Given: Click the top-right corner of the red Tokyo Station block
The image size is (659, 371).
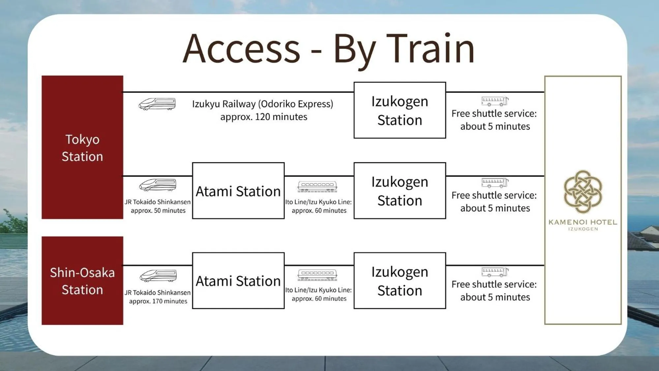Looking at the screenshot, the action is tap(123, 76).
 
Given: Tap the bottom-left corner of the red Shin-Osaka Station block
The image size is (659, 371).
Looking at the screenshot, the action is tap(42, 325).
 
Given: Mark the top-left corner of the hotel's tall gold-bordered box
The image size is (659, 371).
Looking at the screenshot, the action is tap(545, 76).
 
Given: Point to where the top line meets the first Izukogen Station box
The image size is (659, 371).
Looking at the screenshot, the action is tap(354, 92).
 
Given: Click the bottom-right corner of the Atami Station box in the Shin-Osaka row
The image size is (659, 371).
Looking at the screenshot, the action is tap(284, 309).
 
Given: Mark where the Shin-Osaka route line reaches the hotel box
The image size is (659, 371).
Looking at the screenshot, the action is tap(545, 265).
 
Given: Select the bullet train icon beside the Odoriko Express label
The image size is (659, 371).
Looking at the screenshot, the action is tap(157, 104).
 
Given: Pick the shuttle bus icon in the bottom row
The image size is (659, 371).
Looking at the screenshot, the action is tap(495, 272).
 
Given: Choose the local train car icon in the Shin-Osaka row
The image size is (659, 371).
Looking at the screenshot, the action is tap(317, 275).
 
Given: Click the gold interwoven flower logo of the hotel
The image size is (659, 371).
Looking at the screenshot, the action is tap(583, 192).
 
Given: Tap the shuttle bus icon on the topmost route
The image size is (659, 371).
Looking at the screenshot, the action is tap(495, 101).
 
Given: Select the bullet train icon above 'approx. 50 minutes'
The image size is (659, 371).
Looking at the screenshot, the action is tap(158, 185).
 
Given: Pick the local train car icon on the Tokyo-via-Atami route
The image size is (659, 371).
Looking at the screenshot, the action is tap(317, 187).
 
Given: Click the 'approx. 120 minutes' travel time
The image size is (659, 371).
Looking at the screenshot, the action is tap(264, 117).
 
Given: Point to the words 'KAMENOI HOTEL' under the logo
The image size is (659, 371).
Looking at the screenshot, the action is tap(583, 222).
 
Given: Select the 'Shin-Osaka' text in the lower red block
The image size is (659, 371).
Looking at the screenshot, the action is tap(82, 273).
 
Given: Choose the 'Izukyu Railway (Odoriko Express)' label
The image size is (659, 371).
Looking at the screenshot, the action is tap(263, 104).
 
